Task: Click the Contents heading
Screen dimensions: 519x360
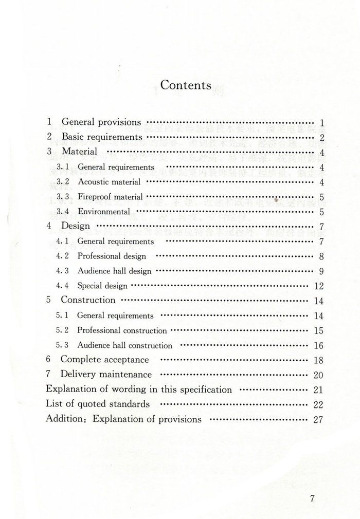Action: point(186,85)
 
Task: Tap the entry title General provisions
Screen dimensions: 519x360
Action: point(101,122)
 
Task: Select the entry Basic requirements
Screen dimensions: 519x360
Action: point(102,137)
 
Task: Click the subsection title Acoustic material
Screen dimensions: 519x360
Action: point(109,182)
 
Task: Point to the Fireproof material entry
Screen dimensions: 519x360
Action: point(110,197)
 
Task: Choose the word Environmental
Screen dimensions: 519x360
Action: point(104,212)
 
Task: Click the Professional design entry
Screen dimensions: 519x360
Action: point(112,256)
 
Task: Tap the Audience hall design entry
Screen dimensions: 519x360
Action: point(115,271)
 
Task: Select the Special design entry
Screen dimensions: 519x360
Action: point(102,286)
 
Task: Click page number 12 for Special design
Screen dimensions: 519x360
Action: point(318,286)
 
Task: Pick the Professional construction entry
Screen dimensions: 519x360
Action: point(122,330)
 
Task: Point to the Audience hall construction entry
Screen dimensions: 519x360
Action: point(124,345)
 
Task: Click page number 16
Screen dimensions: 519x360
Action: point(318,346)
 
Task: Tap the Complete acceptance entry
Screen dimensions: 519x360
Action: point(104,360)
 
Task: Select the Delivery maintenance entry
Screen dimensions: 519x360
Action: point(106,375)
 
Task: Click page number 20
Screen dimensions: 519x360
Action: point(318,375)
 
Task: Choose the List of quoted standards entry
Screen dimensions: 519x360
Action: point(98,404)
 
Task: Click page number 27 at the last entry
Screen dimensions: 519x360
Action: point(318,419)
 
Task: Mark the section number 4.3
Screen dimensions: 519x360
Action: point(62,271)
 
